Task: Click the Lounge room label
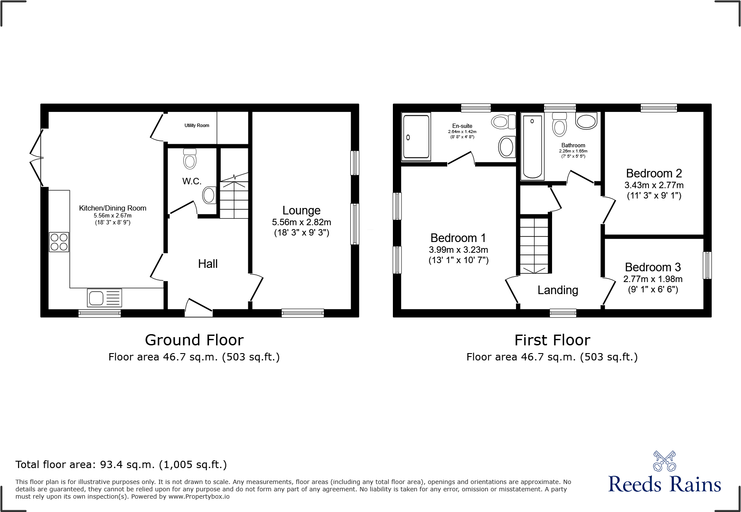(301, 211)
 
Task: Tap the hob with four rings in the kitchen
(59, 242)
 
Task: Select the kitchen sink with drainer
(105, 298)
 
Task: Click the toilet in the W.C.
(190, 159)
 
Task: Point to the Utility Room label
(197, 125)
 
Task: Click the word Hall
(208, 264)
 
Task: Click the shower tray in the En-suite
(416, 137)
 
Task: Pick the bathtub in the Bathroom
(532, 146)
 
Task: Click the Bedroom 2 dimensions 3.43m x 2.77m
(654, 185)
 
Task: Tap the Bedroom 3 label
(653, 267)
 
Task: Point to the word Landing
(558, 290)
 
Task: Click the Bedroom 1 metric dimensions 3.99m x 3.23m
(458, 250)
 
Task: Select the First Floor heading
(552, 340)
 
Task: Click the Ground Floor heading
(194, 340)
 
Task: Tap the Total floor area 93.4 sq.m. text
(121, 465)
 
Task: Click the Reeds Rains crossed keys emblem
(664, 461)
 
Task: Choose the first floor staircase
(535, 245)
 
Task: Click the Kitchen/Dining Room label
(113, 208)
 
